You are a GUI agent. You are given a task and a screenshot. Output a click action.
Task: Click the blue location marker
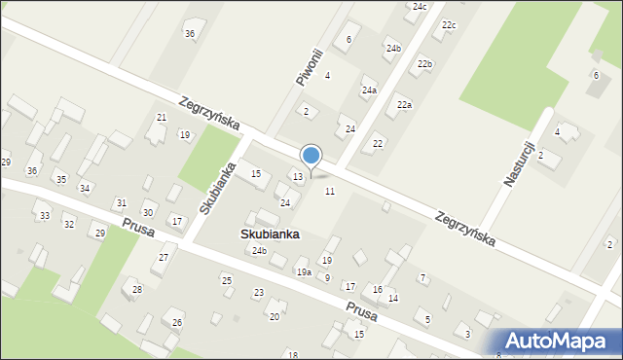click(x=311, y=156)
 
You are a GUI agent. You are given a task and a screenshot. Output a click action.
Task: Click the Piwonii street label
click(x=309, y=65)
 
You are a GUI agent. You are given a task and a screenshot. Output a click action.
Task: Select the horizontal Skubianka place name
click(x=271, y=234)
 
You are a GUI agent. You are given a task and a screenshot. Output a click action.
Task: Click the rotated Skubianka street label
click(x=218, y=188)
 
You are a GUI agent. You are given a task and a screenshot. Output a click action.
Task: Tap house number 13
click(x=298, y=176)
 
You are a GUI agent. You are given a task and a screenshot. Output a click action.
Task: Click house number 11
click(x=330, y=192)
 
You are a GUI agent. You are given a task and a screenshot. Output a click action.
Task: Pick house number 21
click(x=162, y=118)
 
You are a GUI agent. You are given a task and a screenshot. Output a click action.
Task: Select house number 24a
click(x=370, y=90)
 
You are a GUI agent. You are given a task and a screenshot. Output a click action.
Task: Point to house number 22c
click(x=448, y=24)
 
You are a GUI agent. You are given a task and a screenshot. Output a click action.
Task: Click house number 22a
click(x=403, y=104)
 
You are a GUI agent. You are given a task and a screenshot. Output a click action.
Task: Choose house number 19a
click(x=304, y=272)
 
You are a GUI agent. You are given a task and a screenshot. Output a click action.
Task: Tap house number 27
click(x=164, y=258)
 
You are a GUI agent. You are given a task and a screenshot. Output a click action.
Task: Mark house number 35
click(x=60, y=179)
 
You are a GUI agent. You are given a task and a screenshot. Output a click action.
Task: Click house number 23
click(x=259, y=293)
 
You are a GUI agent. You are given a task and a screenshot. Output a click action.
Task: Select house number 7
click(x=422, y=278)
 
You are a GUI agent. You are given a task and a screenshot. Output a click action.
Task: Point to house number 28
click(x=137, y=289)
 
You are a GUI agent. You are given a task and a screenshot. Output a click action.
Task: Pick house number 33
click(x=44, y=215)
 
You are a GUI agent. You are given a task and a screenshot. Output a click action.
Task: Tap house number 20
click(x=275, y=316)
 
